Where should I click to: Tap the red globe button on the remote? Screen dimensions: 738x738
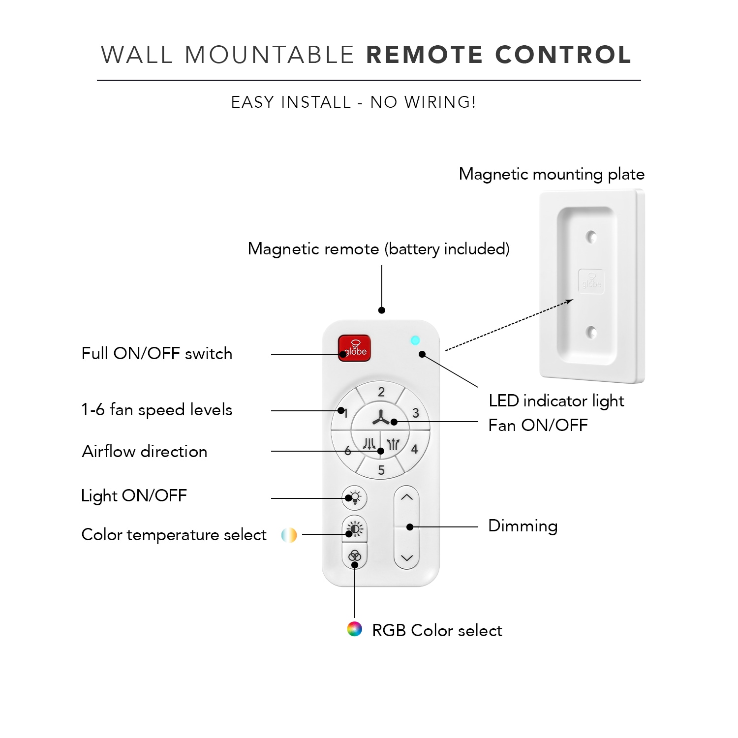click(354, 348)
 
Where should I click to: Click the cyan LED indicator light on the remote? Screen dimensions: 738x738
click(415, 340)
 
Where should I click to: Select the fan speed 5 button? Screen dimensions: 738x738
click(381, 470)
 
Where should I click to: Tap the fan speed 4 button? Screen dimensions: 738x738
click(415, 449)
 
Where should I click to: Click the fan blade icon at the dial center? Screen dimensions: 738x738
click(380, 418)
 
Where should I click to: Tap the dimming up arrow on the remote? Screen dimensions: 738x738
click(406, 497)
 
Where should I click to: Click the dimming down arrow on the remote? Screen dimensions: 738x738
click(406, 558)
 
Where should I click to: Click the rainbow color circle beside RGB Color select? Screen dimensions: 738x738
click(354, 629)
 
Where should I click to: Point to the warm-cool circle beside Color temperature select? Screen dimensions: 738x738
click(289, 535)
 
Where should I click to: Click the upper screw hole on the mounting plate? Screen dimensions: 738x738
click(591, 237)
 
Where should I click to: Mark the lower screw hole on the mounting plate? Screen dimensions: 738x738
click(591, 332)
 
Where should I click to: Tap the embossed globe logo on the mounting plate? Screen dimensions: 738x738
click(591, 281)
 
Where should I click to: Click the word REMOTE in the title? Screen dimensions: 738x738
click(425, 55)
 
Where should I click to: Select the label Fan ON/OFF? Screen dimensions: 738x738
click(538, 425)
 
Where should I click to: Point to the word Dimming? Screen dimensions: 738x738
click(523, 526)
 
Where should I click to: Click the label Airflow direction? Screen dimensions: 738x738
click(145, 451)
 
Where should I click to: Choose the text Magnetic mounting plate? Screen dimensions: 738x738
click(552, 174)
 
